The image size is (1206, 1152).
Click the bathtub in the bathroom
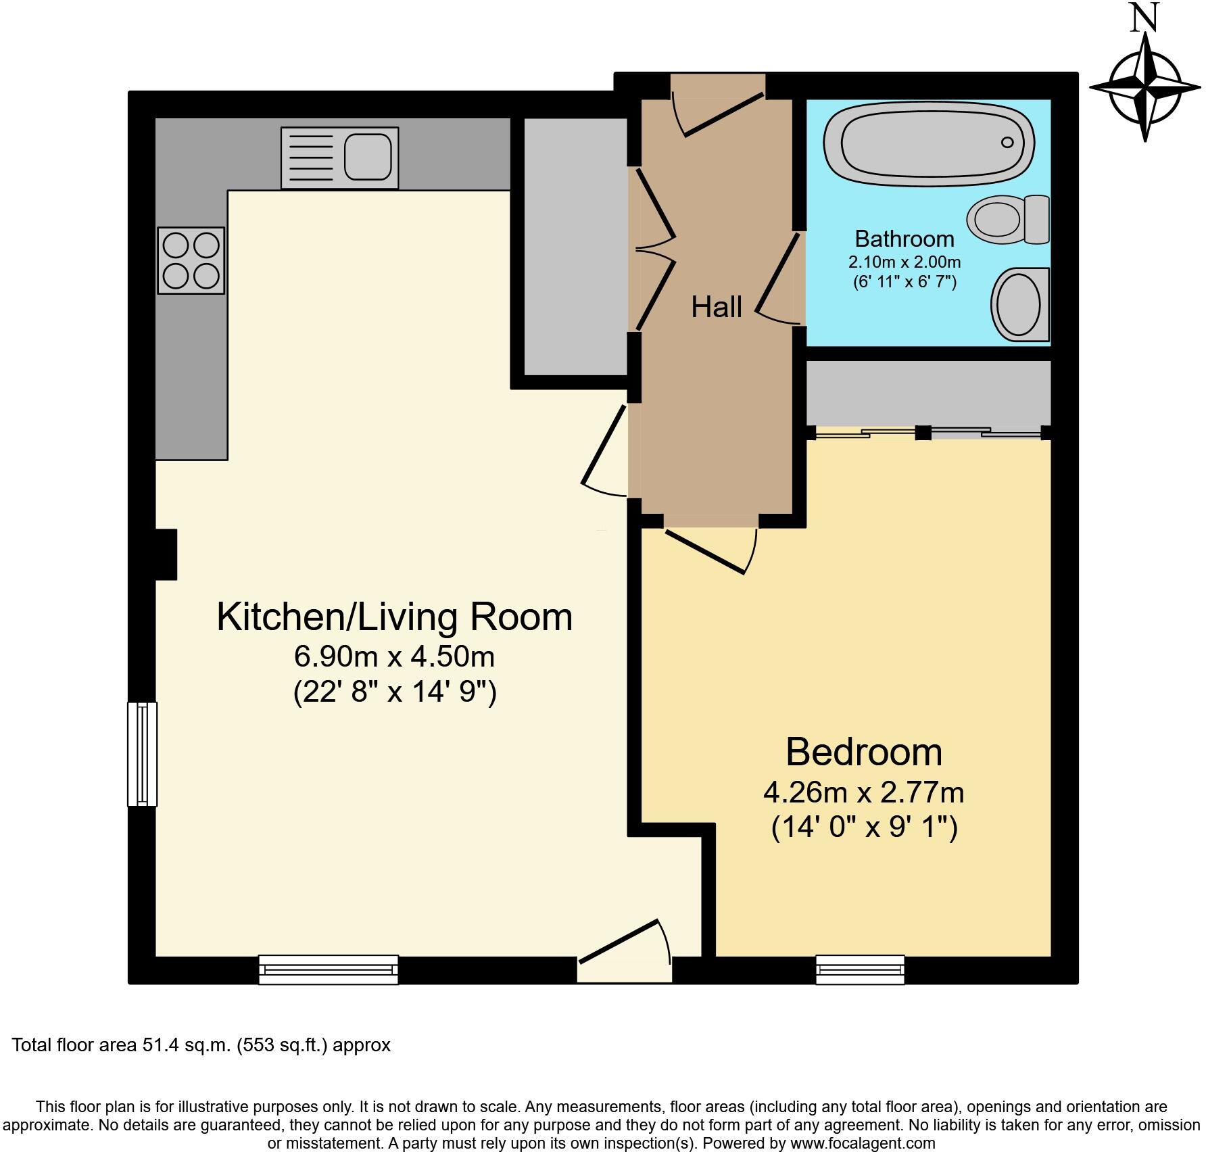click(928, 143)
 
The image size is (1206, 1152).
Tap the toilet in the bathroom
click(1007, 220)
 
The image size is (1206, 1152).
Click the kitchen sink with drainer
click(339, 158)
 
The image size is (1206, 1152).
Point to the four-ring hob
click(191, 260)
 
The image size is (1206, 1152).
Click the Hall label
click(716, 308)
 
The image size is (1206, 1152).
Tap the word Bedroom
click(863, 752)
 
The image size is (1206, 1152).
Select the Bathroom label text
click(904, 239)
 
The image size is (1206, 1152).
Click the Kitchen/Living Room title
click(394, 617)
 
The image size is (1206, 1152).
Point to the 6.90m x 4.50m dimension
click(394, 656)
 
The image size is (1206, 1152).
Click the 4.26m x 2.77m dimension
click(863, 792)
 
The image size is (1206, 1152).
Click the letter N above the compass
click(1144, 20)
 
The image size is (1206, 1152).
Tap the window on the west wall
click(142, 754)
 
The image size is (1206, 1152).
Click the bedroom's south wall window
click(860, 969)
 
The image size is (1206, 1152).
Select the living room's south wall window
click(329, 969)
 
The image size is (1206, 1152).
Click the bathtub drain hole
click(1007, 142)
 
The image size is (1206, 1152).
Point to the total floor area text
click(201, 1045)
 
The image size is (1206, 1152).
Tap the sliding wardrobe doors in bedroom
click(927, 433)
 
